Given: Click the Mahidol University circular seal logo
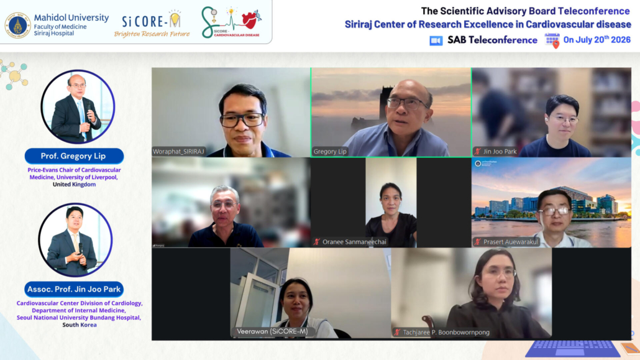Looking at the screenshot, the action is click(17, 25).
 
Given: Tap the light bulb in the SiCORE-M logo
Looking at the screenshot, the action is click(175, 20).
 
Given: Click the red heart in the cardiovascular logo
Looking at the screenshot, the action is click(249, 20).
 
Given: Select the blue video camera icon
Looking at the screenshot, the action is click(436, 40).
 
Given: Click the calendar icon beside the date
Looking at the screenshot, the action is click(552, 40).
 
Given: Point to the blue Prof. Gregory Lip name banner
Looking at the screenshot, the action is click(74, 156).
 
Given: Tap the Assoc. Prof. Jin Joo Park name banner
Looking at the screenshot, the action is click(74, 289).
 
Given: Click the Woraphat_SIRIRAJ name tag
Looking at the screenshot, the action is click(178, 152).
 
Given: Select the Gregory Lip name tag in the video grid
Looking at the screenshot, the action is click(330, 152).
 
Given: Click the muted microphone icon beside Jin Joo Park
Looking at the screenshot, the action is click(478, 152).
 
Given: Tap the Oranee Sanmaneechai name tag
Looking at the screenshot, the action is click(350, 242).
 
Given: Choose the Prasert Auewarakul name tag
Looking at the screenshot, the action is click(506, 242).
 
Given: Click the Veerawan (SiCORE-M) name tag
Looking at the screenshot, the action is click(272, 331).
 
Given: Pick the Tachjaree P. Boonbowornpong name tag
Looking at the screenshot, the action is click(441, 332).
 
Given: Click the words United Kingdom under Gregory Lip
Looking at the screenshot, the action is click(75, 184).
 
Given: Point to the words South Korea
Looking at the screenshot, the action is click(80, 325).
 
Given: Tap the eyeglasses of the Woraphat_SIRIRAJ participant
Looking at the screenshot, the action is click(242, 120).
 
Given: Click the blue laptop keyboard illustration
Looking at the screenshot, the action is click(572, 349).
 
